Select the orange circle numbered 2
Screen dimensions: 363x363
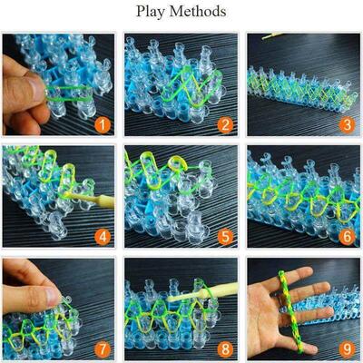pos(225,123)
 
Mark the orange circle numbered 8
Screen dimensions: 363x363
pos(225,348)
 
